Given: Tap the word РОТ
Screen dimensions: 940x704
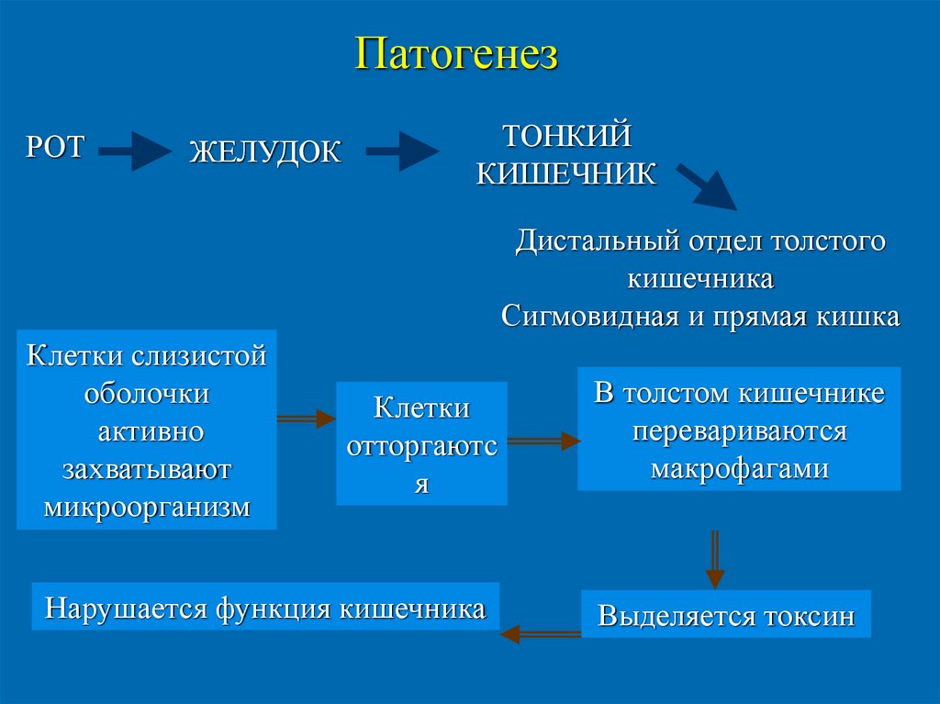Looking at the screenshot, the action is point(55,146).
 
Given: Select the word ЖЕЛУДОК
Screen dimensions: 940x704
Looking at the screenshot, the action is point(265,151).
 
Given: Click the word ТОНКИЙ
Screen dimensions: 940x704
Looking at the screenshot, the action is point(565,136).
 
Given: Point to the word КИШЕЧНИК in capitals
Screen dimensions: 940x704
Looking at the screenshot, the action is point(565,173).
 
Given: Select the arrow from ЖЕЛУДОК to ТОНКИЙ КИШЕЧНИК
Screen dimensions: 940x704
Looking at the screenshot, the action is point(401,151).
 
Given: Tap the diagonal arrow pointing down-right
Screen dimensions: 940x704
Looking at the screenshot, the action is point(706,187).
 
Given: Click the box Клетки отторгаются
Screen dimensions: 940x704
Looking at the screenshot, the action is point(421,444).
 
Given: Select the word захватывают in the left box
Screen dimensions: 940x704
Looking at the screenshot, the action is point(147,470).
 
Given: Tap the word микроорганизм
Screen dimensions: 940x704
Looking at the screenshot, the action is point(147,507).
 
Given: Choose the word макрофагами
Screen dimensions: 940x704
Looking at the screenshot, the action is point(739,469).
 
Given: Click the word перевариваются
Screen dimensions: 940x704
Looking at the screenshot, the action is point(739,431).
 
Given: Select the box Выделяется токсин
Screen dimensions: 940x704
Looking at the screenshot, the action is point(726,614).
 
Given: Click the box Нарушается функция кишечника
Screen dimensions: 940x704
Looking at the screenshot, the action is point(265,607).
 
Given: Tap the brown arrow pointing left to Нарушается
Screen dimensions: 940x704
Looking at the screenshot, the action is point(540,633).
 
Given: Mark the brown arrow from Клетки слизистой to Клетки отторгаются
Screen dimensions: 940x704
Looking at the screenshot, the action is point(306,419).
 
